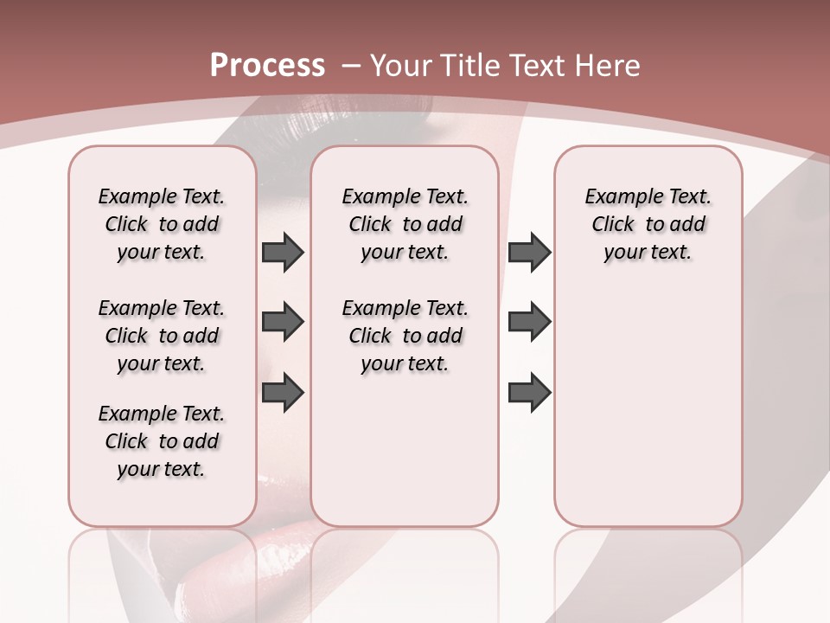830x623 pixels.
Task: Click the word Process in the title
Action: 267,66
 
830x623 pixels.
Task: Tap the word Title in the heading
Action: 473,66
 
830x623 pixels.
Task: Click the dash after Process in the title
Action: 352,67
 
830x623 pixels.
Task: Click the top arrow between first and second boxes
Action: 283,253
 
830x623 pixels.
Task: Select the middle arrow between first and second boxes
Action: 283,323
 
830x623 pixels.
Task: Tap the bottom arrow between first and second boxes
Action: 283,393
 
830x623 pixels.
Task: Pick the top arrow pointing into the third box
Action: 529,253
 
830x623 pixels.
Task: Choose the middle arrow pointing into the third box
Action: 529,323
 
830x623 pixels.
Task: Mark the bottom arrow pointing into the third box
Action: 529,393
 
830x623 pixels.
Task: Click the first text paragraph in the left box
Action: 162,224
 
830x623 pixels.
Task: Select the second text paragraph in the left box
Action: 162,336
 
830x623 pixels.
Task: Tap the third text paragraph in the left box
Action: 162,441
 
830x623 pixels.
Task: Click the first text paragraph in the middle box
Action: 405,224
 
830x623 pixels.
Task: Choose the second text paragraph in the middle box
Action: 405,336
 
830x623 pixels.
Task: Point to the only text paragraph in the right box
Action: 648,224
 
